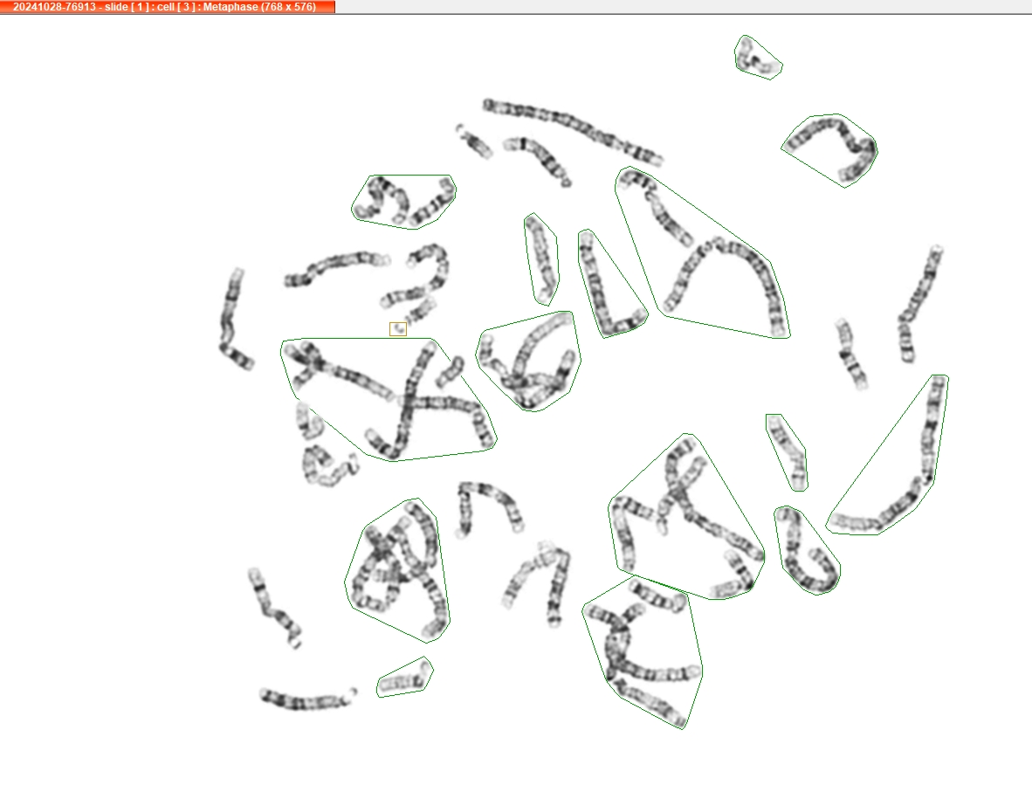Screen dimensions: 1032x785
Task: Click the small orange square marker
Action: tap(398, 329)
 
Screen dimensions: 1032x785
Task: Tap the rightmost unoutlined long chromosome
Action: tap(918, 303)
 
